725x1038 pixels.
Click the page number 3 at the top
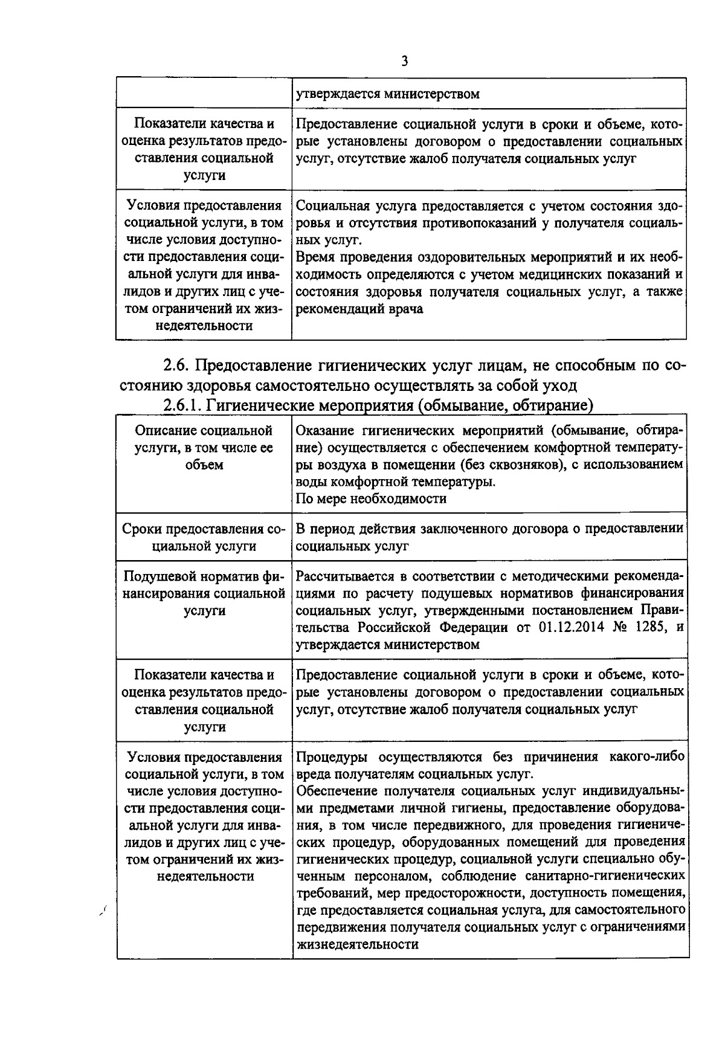pyautogui.click(x=404, y=61)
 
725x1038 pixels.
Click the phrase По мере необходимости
pyautogui.click(x=372, y=498)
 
